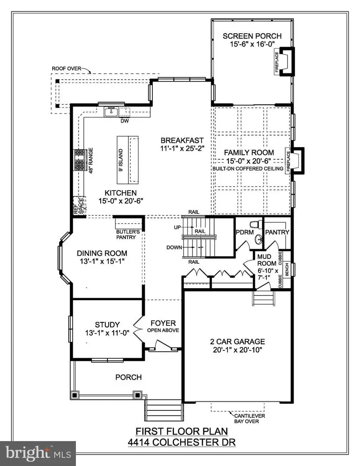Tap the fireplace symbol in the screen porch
(x=286, y=63)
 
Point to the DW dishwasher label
(x=126, y=121)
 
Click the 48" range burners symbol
(x=80, y=161)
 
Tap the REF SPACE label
(x=79, y=206)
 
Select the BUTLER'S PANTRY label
(x=128, y=234)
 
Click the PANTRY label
(x=277, y=232)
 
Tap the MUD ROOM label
(x=264, y=259)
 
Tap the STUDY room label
(x=107, y=324)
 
